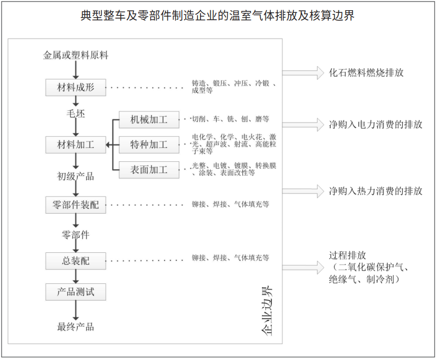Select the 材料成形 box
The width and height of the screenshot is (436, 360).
tap(76, 87)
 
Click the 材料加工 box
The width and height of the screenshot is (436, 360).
tap(76, 145)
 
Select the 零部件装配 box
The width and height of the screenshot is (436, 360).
tap(76, 205)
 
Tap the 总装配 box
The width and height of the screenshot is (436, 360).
tap(76, 261)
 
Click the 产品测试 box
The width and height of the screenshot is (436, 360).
tap(76, 292)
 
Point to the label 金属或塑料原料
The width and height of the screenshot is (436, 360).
tap(76, 55)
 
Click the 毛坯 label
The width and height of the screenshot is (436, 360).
tap(76, 114)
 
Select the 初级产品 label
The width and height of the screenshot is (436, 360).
tap(76, 176)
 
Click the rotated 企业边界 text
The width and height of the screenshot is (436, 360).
tap(267, 311)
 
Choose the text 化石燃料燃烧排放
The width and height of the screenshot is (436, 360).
tap(366, 73)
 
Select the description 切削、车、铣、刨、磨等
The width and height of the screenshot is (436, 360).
tap(230, 119)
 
